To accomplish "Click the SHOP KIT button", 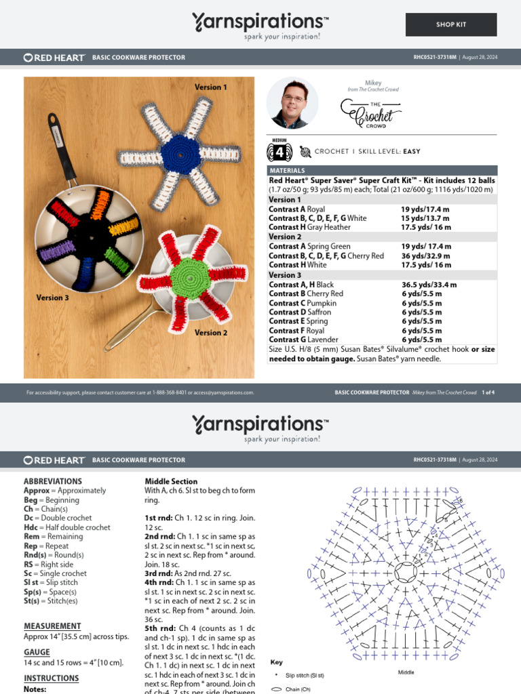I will point(451,24).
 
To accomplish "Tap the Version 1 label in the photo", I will point(211,87).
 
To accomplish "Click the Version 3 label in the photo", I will point(52,298).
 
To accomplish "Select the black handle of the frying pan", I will point(61,148).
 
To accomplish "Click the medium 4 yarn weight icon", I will point(281,151).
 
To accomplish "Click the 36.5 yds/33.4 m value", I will point(429,285).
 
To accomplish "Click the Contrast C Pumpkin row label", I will point(303,303).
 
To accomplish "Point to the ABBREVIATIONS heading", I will point(53,481).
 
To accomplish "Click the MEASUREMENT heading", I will point(52,626).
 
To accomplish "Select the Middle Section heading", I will point(171,481).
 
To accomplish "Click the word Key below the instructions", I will point(276,662).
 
